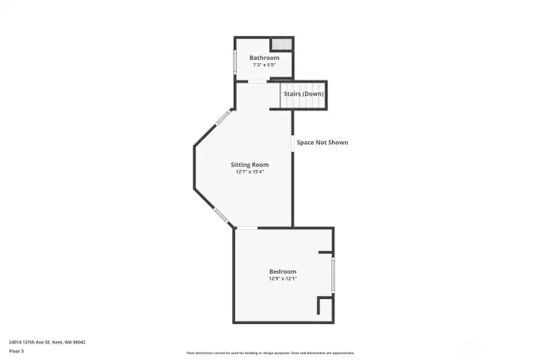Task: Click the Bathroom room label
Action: click(x=264, y=58)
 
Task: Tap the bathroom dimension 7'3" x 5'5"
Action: click(x=264, y=65)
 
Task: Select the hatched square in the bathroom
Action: click(x=281, y=44)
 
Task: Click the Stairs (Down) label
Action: click(x=304, y=94)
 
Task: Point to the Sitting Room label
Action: click(x=249, y=165)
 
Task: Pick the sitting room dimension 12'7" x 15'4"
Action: click(x=249, y=171)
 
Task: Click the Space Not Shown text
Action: click(x=322, y=142)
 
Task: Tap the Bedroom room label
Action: click(x=283, y=271)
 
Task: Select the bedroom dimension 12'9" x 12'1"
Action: click(x=283, y=278)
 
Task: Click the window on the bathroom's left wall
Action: click(x=234, y=61)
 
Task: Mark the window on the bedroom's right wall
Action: click(x=334, y=274)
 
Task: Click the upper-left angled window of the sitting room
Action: click(x=224, y=117)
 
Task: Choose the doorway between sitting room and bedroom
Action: click(x=246, y=228)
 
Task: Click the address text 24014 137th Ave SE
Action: click(x=47, y=342)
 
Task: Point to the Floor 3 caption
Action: click(x=16, y=351)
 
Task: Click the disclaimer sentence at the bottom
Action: click(x=270, y=352)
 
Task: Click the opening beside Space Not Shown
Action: click(x=292, y=142)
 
